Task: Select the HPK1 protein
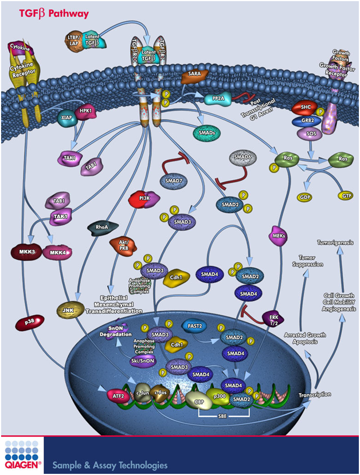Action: pos(86,112)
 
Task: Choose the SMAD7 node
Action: pos(173,182)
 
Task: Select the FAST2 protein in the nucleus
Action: pos(194,325)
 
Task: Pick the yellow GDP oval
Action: pos(304,197)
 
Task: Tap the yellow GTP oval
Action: pos(346,196)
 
